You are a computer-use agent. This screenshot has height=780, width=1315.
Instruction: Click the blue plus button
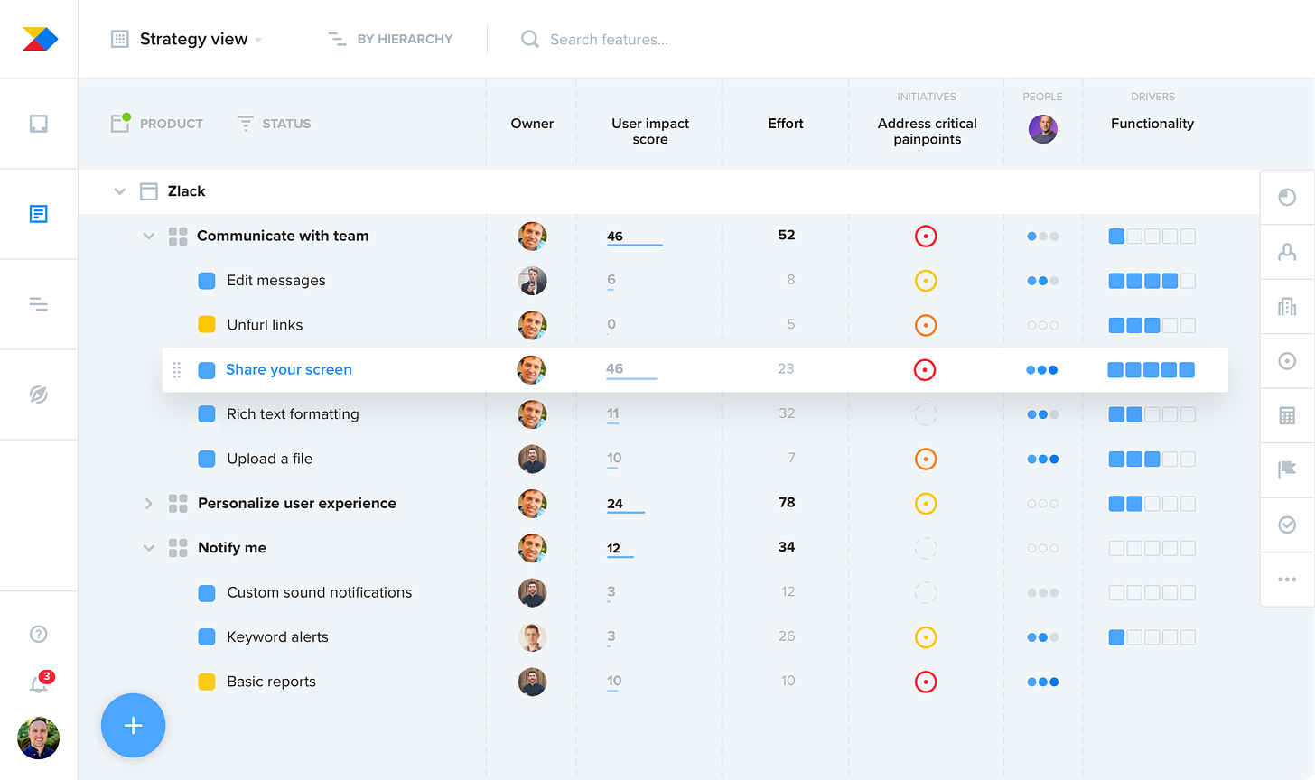pyautogui.click(x=133, y=725)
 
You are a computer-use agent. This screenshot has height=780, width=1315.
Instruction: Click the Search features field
pyautogui.click(x=609, y=40)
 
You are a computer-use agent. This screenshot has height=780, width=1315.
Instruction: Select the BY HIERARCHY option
pyautogui.click(x=391, y=40)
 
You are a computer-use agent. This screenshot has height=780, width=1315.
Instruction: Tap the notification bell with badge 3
pyautogui.click(x=39, y=684)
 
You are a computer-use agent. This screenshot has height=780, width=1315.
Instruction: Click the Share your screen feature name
pyautogui.click(x=289, y=369)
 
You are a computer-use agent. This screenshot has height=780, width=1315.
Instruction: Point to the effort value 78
pyautogui.click(x=787, y=503)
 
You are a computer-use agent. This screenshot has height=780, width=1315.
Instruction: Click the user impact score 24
pyautogui.click(x=615, y=504)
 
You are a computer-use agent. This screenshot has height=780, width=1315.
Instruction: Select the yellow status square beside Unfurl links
pyautogui.click(x=207, y=325)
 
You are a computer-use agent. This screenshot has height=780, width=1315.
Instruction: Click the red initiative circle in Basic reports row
pyautogui.click(x=925, y=682)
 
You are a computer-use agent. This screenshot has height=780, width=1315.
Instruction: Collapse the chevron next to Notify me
pyautogui.click(x=149, y=548)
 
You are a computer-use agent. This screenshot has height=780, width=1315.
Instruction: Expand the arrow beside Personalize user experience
pyautogui.click(x=149, y=504)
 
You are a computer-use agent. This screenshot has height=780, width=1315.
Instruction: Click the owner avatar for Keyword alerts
pyautogui.click(x=532, y=637)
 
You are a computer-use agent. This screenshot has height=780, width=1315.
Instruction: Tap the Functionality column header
pyautogui.click(x=1152, y=124)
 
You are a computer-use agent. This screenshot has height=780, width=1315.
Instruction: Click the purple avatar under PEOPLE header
pyautogui.click(x=1042, y=129)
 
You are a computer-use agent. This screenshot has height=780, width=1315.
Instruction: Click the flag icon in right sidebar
pyautogui.click(x=1287, y=469)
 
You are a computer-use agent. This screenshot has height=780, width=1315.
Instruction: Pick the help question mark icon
pyautogui.click(x=39, y=634)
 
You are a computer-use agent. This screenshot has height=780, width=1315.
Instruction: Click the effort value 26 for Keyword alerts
pyautogui.click(x=787, y=636)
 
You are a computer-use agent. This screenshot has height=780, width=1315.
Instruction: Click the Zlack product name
pyautogui.click(x=186, y=191)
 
